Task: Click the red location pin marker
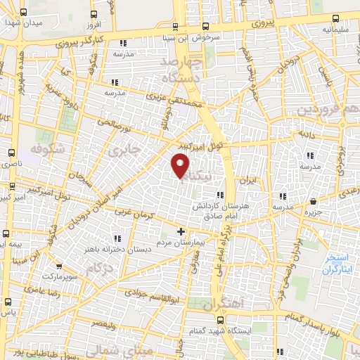tap(181, 166)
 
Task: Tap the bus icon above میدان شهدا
tap(25, 13)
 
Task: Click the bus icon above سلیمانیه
tap(335, 19)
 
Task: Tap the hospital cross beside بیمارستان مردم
tap(181, 231)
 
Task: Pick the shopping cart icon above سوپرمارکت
tap(58, 266)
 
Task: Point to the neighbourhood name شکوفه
tap(46, 148)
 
